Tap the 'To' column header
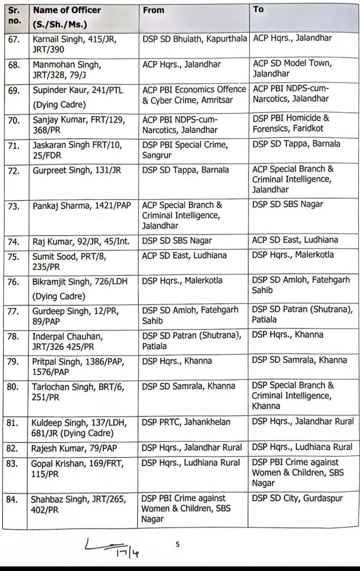[x=259, y=10]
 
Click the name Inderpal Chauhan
[x=70, y=335]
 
